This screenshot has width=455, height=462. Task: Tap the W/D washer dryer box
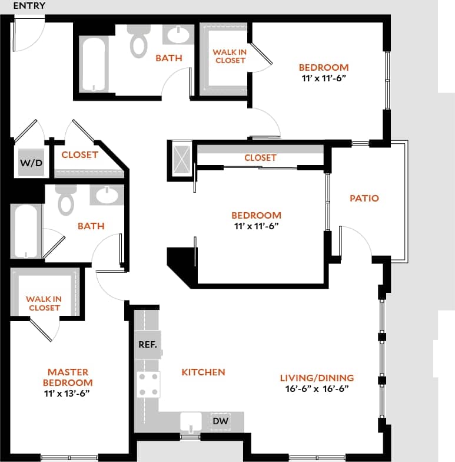pyautogui.click(x=31, y=163)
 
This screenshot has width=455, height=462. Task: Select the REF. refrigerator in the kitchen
pyautogui.click(x=147, y=345)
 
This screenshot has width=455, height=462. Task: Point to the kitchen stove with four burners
pyautogui.click(x=148, y=384)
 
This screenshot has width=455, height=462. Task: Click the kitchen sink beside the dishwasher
pyautogui.click(x=191, y=423)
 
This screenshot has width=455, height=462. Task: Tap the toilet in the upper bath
pyautogui.click(x=138, y=40)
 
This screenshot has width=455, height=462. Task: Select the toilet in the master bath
pyautogui.click(x=66, y=200)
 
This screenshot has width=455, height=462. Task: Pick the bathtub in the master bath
pyautogui.click(x=25, y=231)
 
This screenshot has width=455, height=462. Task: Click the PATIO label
pyautogui.click(x=364, y=198)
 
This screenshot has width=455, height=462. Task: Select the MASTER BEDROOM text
pyautogui.click(x=68, y=377)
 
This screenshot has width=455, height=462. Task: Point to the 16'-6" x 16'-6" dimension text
pyautogui.click(x=317, y=389)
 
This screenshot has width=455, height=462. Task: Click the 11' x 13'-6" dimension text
pyautogui.click(x=68, y=394)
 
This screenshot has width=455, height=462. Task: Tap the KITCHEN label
pyautogui.click(x=203, y=372)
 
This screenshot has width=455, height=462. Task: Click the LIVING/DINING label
pyautogui.click(x=317, y=378)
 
